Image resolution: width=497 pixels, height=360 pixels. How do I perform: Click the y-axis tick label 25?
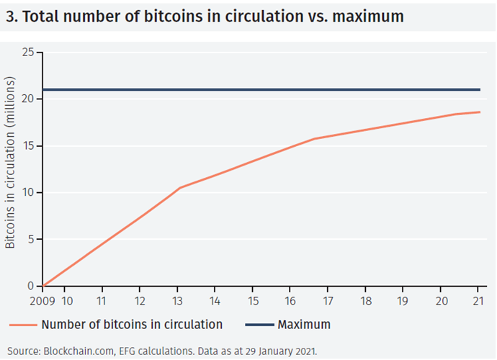click(x=28, y=53)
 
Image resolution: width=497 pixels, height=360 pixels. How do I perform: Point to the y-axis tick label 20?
click(x=28, y=99)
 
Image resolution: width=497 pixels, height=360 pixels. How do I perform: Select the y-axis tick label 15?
click(x=28, y=146)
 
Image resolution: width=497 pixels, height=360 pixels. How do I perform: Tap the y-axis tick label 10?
click(x=28, y=193)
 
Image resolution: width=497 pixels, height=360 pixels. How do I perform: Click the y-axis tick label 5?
click(x=31, y=240)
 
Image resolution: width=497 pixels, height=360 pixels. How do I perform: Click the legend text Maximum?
click(x=304, y=324)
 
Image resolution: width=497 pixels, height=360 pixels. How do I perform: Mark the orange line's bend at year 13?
click(x=179, y=188)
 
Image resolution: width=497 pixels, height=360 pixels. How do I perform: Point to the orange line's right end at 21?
click(x=480, y=112)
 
